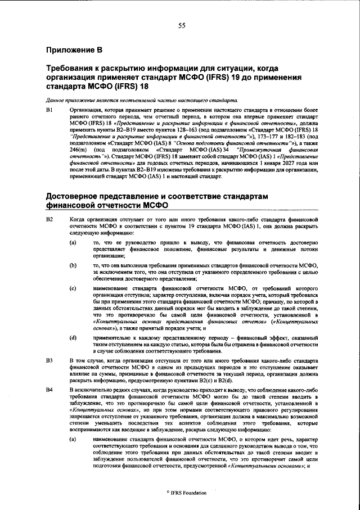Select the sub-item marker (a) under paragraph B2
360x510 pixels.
click(73, 242)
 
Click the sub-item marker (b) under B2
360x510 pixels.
click(73, 265)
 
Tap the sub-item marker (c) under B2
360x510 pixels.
click(73, 288)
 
